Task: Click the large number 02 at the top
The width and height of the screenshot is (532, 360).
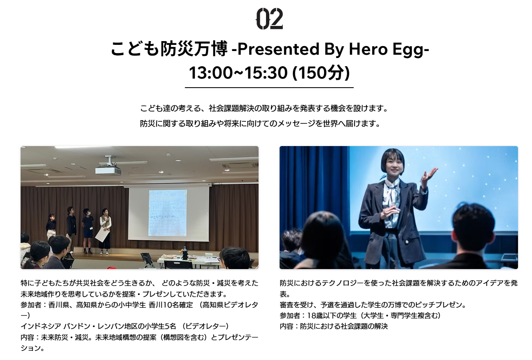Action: tap(269, 19)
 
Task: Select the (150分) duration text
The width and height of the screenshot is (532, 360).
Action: tap(321, 72)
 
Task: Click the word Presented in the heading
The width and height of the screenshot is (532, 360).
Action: tap(278, 49)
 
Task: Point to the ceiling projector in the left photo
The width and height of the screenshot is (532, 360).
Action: tap(108, 167)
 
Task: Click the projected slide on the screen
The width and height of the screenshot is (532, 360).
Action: tap(168, 213)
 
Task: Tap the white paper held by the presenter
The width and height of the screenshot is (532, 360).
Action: tap(103, 235)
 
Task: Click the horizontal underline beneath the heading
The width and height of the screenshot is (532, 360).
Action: tap(269, 88)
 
